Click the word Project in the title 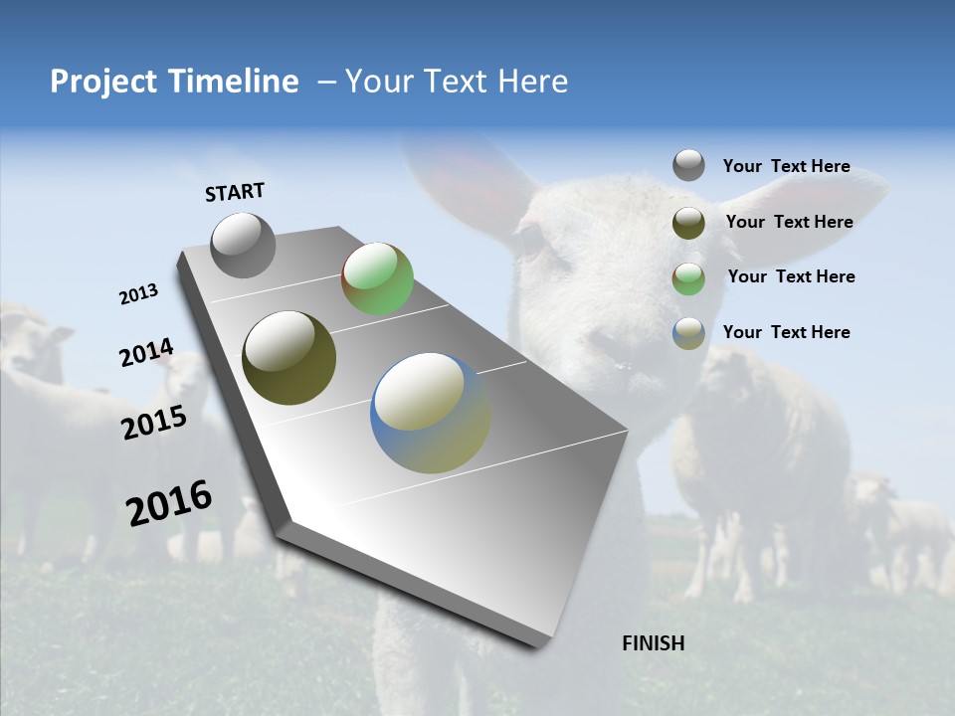click(102, 82)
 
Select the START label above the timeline click(235, 192)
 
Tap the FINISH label click(653, 643)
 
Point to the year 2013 click(138, 294)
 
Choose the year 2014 click(146, 353)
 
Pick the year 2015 click(154, 423)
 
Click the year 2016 click(169, 503)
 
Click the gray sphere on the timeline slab click(243, 245)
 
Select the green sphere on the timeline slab click(377, 278)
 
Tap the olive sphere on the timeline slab click(288, 358)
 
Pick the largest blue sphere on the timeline click(431, 413)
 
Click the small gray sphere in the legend click(688, 165)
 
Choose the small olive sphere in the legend click(688, 223)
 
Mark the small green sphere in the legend click(688, 278)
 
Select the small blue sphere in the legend click(688, 333)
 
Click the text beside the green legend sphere click(791, 276)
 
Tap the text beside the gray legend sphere click(786, 166)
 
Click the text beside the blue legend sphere click(786, 332)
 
